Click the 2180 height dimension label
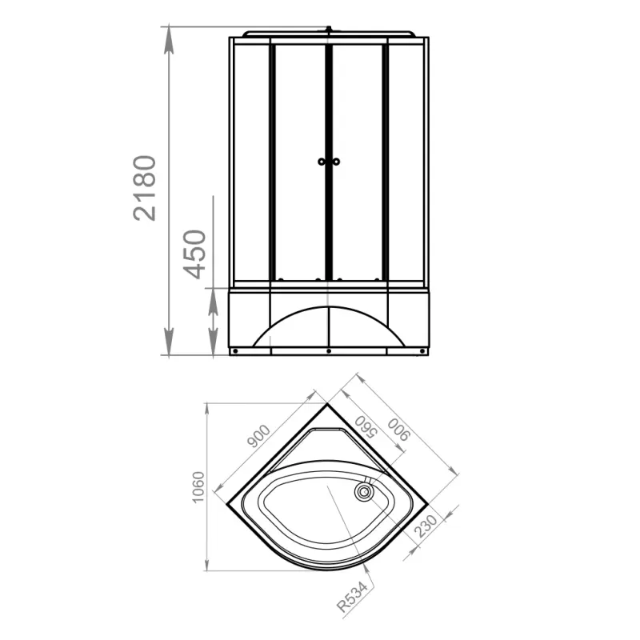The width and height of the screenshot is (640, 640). pos(145,188)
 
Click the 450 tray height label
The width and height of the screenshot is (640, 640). pos(194,254)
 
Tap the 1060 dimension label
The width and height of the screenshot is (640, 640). pos(198,487)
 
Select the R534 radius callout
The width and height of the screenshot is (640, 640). pos(352,596)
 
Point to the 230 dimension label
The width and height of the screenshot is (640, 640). pos(426,526)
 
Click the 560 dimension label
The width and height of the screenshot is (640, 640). pos(365,427)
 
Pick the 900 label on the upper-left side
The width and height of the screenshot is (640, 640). pos(258,436)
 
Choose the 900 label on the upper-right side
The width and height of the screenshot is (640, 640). pos(398,430)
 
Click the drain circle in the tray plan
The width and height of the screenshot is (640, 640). pos(363,492)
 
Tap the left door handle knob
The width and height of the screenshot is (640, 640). pos(322,162)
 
